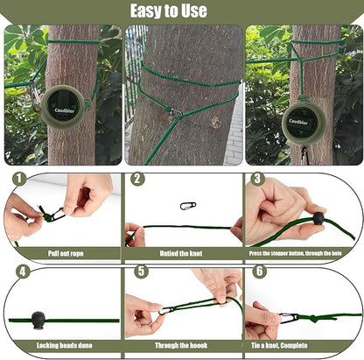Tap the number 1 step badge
pos(17,179)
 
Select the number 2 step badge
pos(137,179)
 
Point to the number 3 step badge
pos(257,179)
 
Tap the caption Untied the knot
pos(181,253)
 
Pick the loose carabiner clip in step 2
pos(187,206)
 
